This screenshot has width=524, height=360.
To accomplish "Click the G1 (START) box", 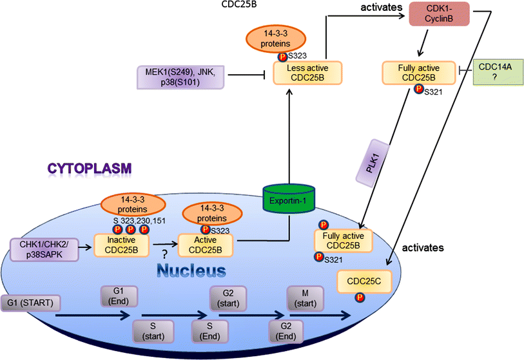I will (x=30, y=302).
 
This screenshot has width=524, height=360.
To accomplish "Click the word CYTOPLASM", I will (x=89, y=168).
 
